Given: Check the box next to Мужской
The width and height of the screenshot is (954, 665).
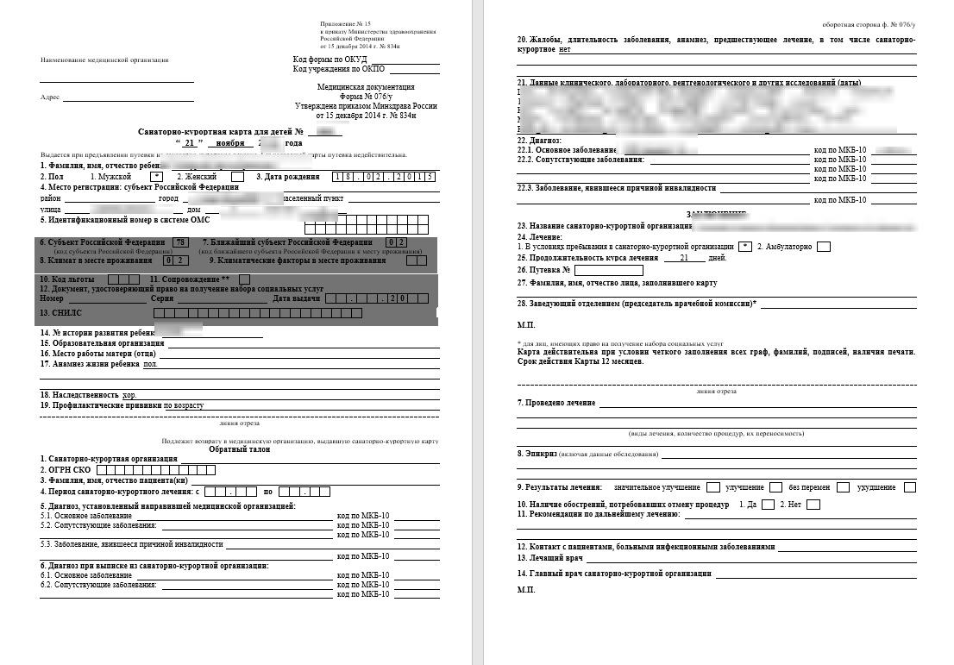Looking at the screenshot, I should coord(157,177).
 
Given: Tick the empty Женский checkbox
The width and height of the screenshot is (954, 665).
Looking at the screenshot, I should coord(238,177).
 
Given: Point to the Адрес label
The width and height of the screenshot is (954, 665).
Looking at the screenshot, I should coord(50,97).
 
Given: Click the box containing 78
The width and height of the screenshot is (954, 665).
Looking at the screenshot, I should coord(180,242).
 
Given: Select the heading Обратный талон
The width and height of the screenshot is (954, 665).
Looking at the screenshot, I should coord(241,449).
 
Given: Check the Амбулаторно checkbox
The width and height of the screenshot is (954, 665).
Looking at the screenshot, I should coord(824,247).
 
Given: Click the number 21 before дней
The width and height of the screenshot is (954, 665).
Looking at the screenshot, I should coord(685,258).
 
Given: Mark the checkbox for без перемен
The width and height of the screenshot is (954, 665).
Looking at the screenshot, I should coord(843,487).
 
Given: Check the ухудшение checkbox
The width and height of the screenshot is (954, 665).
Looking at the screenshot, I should coord(910,487).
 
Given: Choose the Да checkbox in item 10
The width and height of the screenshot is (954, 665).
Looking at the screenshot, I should coord(768,505).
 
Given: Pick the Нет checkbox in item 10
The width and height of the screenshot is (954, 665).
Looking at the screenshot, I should coord(813,505).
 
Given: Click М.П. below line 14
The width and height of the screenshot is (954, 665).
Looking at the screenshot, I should coord(526,590).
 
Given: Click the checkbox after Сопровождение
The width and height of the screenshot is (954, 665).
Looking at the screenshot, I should coord(245,279).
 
